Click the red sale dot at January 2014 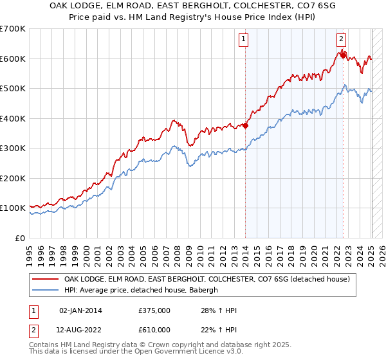click(x=245, y=126)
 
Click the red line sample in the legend click(x=44, y=279)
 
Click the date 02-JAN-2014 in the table click(x=80, y=310)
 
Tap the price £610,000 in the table click(x=154, y=330)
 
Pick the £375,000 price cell click(x=154, y=310)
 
